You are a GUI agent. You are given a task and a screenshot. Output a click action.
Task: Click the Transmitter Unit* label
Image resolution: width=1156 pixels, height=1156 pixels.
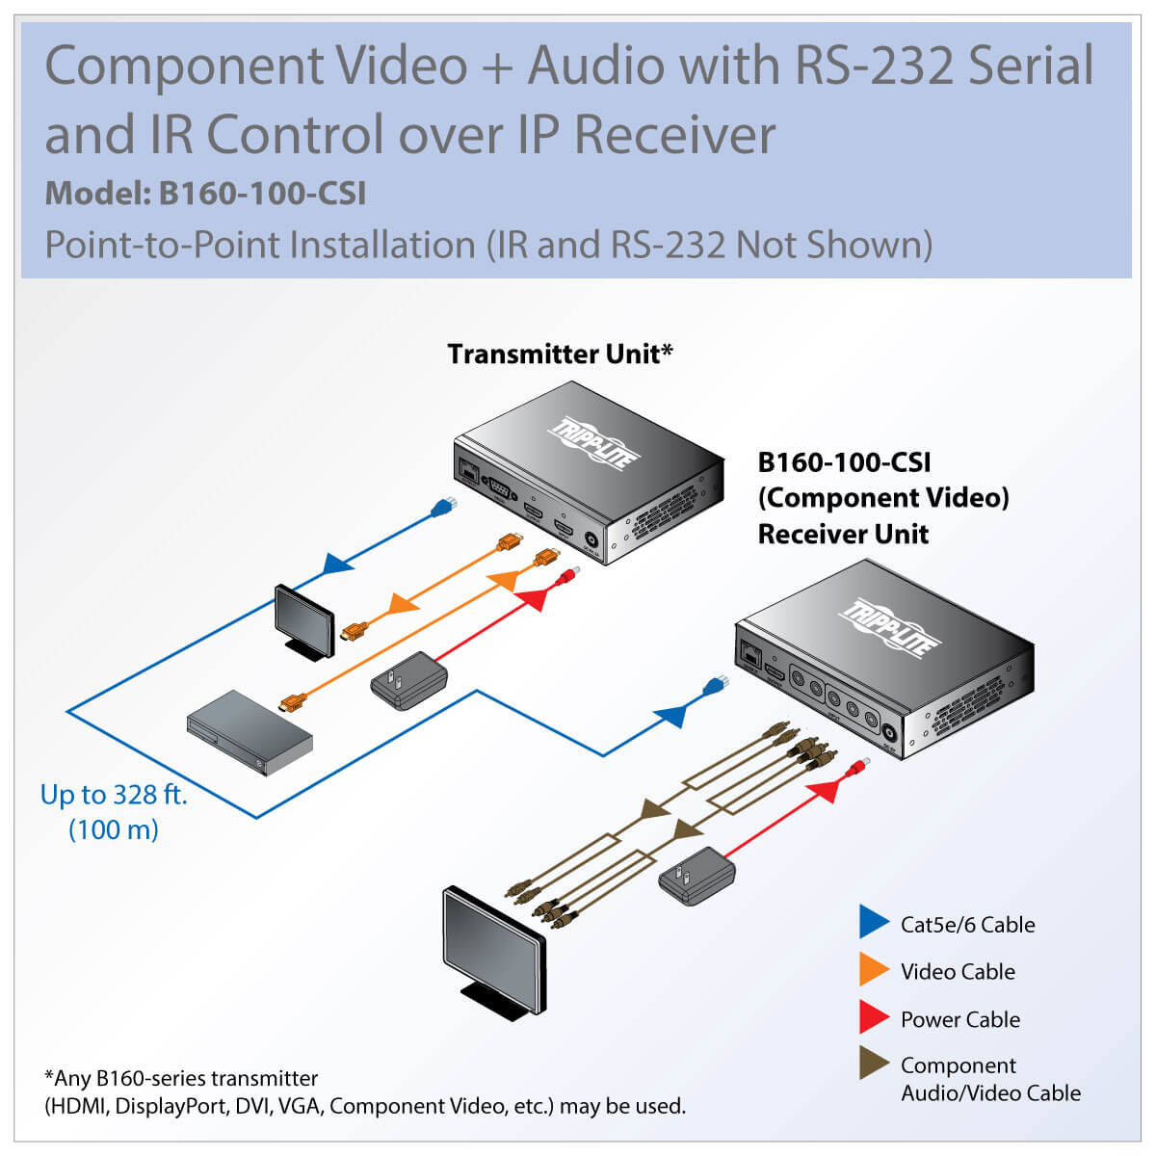click(x=560, y=355)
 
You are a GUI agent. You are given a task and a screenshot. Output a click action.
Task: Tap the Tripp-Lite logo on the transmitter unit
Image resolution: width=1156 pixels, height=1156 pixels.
click(x=593, y=444)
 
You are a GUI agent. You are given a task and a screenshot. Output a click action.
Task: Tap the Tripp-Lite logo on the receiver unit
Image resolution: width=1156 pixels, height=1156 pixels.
click(x=888, y=626)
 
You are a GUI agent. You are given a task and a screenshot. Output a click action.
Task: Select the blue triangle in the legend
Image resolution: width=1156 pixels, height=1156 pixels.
click(x=872, y=923)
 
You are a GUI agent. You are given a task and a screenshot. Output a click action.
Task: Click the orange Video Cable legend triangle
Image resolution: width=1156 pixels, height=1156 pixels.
click(x=872, y=970)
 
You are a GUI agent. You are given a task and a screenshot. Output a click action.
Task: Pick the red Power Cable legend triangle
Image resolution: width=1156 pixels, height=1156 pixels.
click(x=872, y=1018)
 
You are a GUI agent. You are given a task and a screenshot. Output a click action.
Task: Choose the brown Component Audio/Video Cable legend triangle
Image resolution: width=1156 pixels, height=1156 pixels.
click(x=872, y=1064)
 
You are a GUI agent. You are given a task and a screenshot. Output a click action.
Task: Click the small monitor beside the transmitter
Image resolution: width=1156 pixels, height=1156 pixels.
click(x=304, y=619)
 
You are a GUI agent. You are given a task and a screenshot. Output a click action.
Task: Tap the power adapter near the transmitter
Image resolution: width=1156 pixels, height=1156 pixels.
click(x=409, y=679)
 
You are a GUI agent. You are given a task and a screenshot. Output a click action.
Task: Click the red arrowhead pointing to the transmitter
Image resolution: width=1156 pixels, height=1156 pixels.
click(x=532, y=599)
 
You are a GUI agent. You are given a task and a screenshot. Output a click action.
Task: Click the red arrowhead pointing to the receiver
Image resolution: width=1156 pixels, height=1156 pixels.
click(x=824, y=791)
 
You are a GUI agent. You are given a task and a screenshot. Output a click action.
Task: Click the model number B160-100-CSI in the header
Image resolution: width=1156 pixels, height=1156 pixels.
click(x=262, y=194)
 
